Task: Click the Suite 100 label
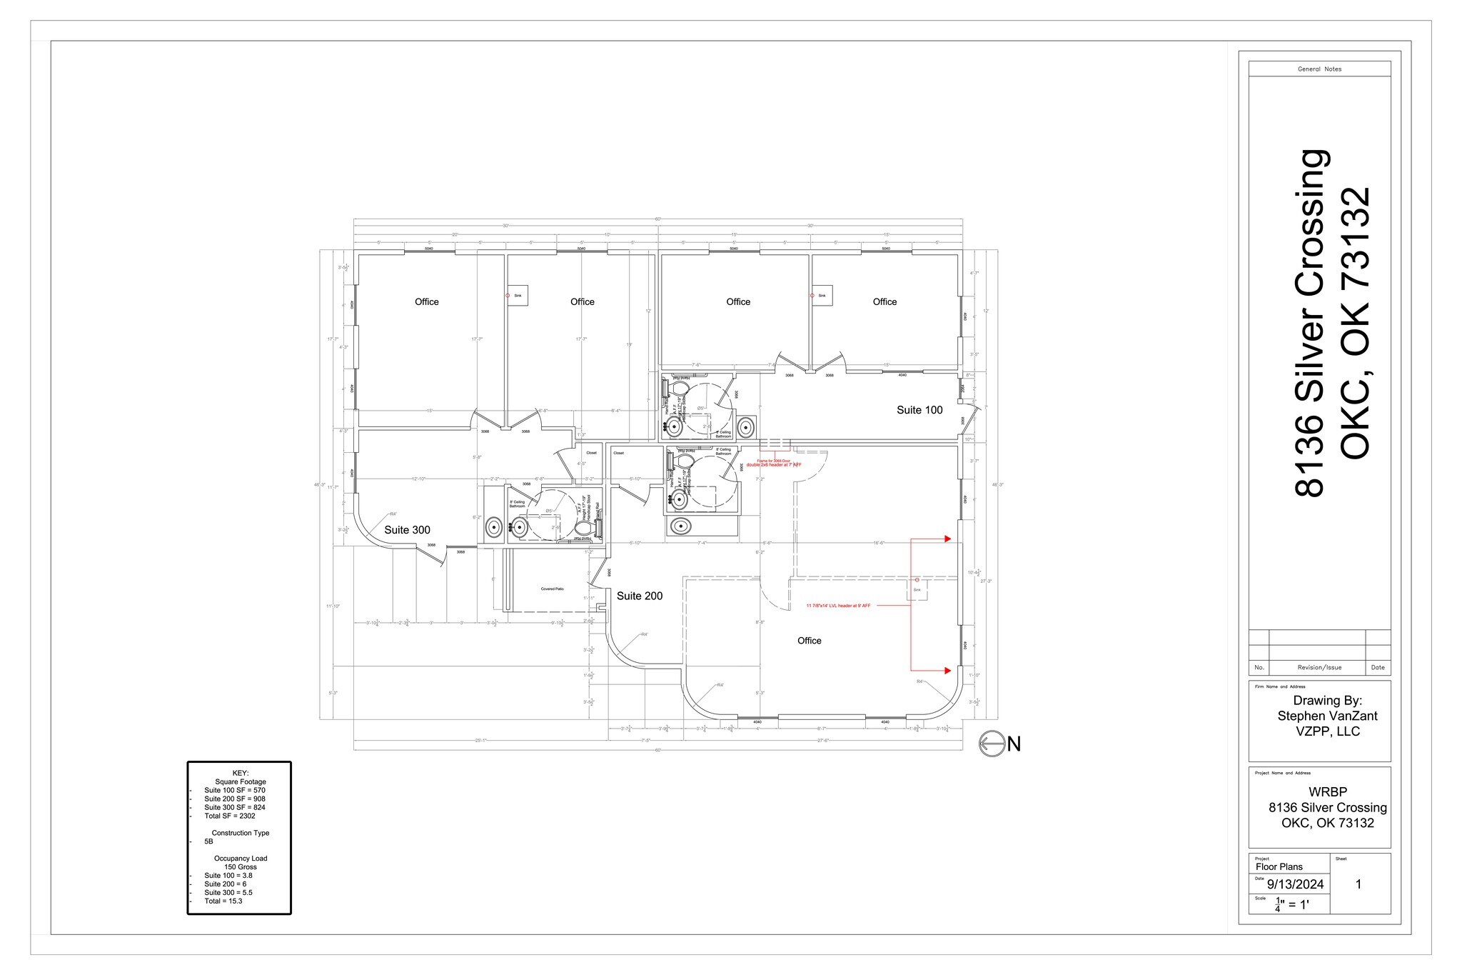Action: (919, 410)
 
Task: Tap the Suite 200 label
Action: (640, 596)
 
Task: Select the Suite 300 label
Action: (407, 530)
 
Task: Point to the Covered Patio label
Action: (552, 589)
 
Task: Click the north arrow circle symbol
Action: (992, 744)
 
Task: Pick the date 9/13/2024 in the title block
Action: (1295, 884)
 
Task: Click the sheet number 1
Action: (1358, 884)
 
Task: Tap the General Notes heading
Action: (1319, 69)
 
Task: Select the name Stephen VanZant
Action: (1327, 716)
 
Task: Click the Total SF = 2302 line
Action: (229, 816)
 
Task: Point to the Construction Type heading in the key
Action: (240, 833)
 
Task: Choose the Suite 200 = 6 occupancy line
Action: (225, 884)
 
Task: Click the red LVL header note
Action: (838, 606)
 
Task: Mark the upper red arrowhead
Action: (947, 539)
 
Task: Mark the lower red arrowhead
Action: (947, 671)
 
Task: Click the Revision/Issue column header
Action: (1319, 668)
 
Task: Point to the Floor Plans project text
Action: (1279, 866)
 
